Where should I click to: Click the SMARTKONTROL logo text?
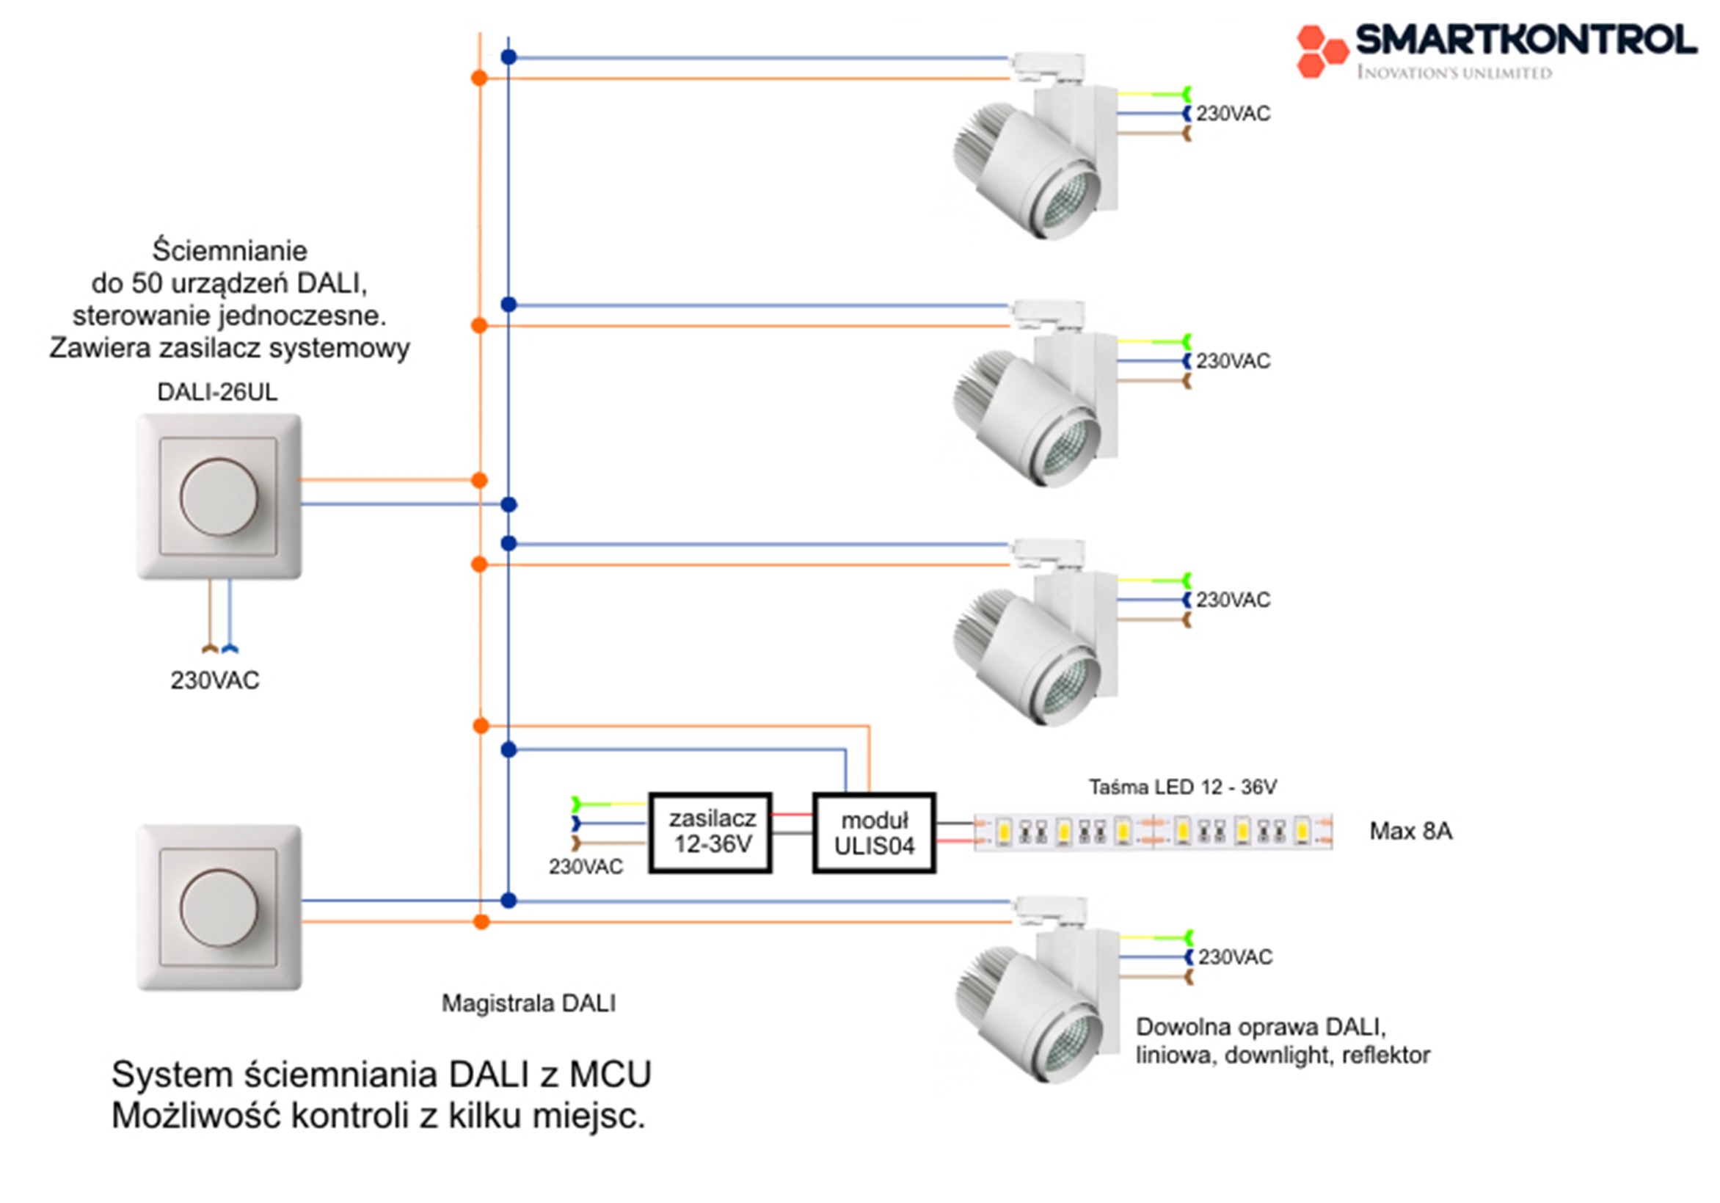pyautogui.click(x=1526, y=39)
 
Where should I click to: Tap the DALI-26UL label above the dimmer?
pyautogui.click(x=217, y=392)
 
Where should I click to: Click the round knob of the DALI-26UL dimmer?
pyautogui.click(x=219, y=497)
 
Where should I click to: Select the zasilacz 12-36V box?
pyautogui.click(x=710, y=833)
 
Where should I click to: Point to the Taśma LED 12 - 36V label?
pyautogui.click(x=1182, y=788)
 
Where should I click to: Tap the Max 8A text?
pyautogui.click(x=1410, y=831)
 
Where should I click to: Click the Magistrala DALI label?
pyautogui.click(x=528, y=1003)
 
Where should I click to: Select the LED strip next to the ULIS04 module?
pyautogui.click(x=1153, y=832)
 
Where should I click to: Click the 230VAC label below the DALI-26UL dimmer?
pyautogui.click(x=215, y=680)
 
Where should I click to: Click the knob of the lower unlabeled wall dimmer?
pyautogui.click(x=219, y=908)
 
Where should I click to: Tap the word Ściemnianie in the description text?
pyautogui.click(x=230, y=250)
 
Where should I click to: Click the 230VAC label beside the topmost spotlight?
pyautogui.click(x=1233, y=114)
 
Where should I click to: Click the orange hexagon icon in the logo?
pyautogui.click(x=1322, y=50)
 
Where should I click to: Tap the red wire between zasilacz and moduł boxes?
pyautogui.click(x=792, y=815)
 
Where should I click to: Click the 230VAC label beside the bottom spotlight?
pyautogui.click(x=1235, y=957)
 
